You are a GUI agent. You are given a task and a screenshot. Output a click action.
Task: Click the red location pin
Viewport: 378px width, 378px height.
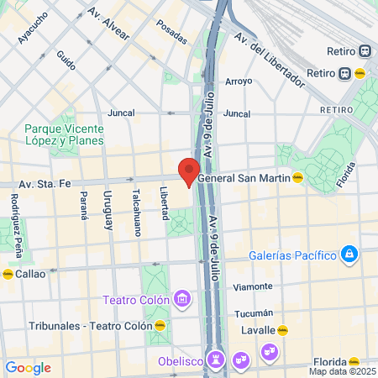(x=189, y=171)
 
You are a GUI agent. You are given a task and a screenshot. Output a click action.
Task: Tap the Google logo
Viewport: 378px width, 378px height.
(x=28, y=368)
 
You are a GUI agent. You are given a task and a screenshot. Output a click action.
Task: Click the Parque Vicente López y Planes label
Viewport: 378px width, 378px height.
(x=65, y=134)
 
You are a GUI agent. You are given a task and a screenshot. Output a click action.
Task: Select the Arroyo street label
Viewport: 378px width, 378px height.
(x=239, y=81)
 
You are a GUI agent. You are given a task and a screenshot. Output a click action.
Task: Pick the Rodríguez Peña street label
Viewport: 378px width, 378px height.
(x=15, y=213)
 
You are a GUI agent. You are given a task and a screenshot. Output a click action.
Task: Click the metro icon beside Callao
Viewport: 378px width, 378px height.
(x=8, y=274)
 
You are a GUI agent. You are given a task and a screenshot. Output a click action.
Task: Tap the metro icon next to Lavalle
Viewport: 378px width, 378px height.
(x=283, y=330)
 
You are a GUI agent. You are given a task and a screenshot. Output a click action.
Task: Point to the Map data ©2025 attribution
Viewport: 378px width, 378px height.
(x=342, y=371)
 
